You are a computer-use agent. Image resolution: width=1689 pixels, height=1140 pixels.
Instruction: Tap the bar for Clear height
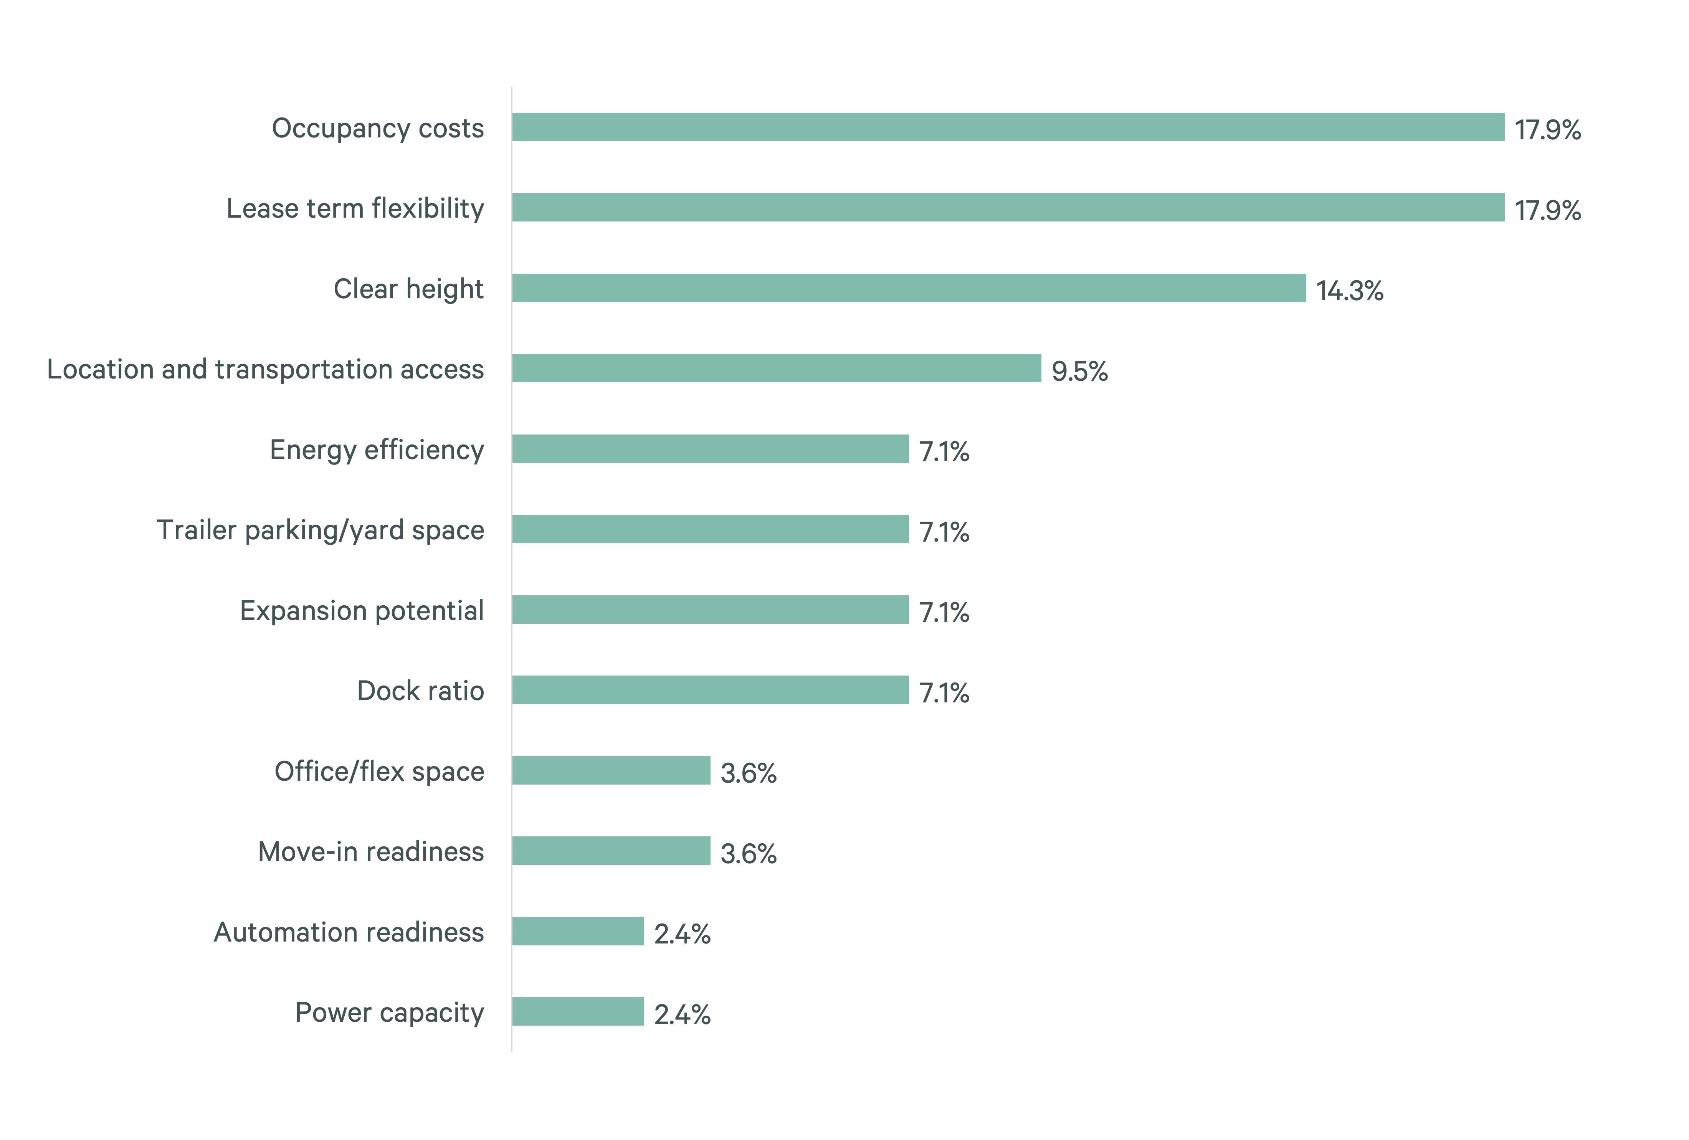909,288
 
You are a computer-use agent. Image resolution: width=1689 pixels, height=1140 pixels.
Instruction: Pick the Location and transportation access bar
776,368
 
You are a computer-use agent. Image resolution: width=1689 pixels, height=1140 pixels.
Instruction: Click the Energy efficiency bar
710,449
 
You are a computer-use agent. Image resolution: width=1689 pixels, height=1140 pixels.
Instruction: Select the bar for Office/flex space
610,770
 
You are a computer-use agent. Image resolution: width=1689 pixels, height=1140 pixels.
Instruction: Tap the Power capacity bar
578,1011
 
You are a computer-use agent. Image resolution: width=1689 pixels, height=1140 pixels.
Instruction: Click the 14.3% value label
1350,291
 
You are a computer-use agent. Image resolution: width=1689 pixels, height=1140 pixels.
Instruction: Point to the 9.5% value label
1079,371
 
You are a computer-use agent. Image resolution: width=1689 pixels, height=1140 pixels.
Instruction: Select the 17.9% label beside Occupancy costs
1547,130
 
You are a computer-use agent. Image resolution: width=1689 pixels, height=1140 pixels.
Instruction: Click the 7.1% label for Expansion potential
944,613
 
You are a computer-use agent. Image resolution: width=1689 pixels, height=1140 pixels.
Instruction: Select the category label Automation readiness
349,932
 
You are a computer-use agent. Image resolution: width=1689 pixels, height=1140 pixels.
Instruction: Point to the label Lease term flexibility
355,208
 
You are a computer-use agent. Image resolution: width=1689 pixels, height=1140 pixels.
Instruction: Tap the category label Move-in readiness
371,852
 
